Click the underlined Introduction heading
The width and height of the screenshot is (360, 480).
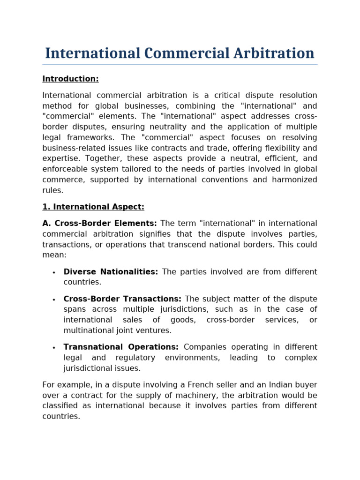click(70, 79)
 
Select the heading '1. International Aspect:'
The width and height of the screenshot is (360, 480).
click(93, 207)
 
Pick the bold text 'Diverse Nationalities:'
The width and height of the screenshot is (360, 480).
click(111, 272)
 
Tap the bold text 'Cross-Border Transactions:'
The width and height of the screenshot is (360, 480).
click(122, 299)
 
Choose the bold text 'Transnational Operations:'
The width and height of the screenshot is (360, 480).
click(121, 347)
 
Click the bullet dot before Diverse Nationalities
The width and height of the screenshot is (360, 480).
click(54, 273)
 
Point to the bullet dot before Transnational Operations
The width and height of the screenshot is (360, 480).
click(54, 348)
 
